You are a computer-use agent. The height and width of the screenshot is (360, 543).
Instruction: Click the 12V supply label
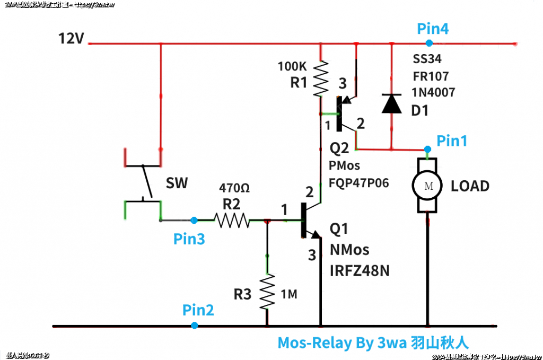click(x=71, y=39)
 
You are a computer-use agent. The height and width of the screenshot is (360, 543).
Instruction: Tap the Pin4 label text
click(x=433, y=29)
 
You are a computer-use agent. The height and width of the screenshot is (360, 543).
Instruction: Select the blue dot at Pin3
click(x=194, y=219)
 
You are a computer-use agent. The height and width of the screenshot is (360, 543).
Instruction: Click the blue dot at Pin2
click(x=195, y=325)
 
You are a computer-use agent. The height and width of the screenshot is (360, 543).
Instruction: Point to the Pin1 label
click(x=452, y=141)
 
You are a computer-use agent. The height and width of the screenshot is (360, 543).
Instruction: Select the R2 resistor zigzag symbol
click(x=232, y=219)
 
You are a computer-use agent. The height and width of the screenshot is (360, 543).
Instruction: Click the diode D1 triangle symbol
click(x=392, y=103)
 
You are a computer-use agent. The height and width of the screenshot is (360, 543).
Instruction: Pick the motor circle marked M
click(x=427, y=186)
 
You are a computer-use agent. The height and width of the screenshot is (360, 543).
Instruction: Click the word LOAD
click(x=470, y=187)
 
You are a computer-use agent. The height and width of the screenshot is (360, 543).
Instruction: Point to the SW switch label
click(x=177, y=184)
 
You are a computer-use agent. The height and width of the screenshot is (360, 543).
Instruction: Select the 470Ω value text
click(x=234, y=188)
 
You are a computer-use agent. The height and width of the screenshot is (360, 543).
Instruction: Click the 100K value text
click(x=292, y=67)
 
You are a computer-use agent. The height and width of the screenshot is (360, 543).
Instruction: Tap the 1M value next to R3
click(x=288, y=294)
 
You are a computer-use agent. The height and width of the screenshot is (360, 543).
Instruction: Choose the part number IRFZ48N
click(x=360, y=270)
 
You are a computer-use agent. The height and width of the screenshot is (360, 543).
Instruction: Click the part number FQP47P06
click(x=360, y=183)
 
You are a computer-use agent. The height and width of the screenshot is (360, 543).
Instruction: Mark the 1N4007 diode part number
click(x=434, y=93)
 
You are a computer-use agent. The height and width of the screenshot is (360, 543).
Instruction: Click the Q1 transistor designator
click(x=339, y=229)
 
